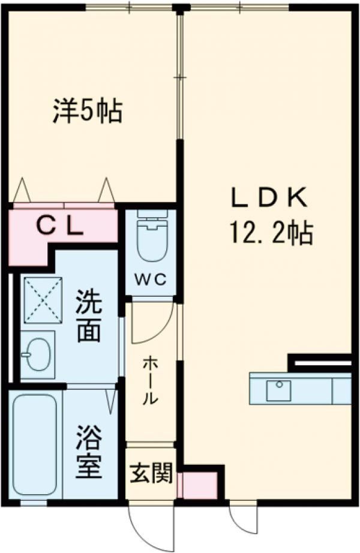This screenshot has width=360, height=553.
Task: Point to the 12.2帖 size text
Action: point(269,232)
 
